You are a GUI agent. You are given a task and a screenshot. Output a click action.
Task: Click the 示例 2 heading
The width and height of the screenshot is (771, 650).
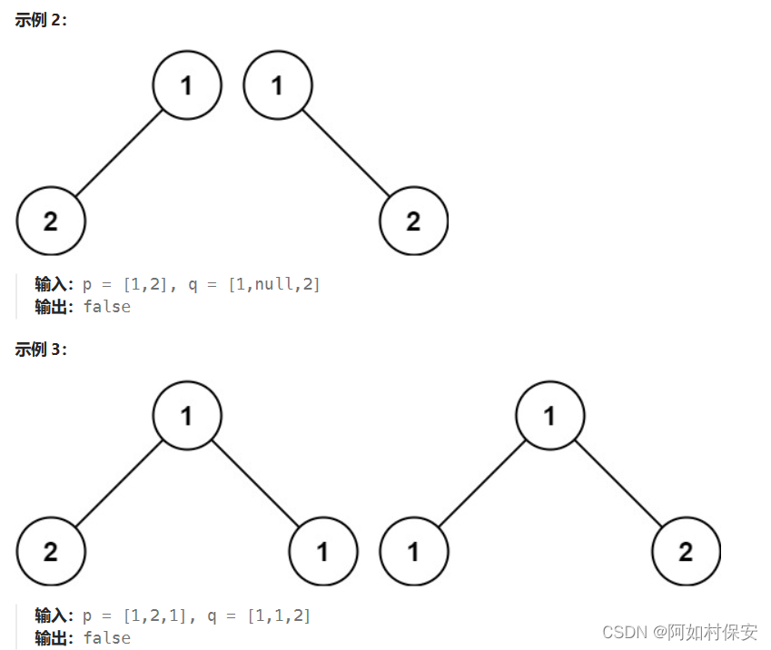point(41,20)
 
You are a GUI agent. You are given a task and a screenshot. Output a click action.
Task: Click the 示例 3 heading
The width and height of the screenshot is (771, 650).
point(41,350)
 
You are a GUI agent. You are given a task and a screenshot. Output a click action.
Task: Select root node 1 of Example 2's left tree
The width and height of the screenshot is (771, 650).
point(187,86)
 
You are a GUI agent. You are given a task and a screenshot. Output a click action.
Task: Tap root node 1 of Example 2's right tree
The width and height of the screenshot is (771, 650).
point(278,86)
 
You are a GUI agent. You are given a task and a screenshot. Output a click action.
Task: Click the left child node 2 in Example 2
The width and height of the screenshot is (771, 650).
point(51,222)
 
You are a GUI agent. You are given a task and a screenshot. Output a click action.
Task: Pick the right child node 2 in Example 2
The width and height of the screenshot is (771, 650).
point(414,222)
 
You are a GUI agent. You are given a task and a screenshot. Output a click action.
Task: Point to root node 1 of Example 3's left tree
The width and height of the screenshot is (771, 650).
point(187,416)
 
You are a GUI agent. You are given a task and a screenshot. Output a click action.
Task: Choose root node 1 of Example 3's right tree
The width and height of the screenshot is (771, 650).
point(550,416)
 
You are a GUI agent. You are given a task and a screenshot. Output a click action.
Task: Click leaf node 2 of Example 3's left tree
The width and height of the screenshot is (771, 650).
point(51,551)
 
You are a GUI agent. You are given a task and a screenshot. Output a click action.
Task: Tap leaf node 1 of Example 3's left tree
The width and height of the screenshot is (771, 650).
point(323,551)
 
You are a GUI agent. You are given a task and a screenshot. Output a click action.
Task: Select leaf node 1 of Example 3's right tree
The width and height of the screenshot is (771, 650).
point(414,551)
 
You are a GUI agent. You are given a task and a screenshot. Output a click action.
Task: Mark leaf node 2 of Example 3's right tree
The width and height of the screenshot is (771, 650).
point(687,551)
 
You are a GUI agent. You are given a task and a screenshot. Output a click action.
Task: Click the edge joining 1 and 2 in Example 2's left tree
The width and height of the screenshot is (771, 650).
point(119,153)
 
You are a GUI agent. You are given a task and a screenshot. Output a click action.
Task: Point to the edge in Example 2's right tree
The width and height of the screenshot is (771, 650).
point(346,153)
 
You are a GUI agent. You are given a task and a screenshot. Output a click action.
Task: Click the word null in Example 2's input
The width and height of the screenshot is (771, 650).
point(273,285)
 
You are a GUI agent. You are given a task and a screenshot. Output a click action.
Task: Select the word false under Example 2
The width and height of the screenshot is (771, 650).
point(106,307)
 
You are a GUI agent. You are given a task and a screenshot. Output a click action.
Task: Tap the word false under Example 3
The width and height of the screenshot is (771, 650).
point(106,638)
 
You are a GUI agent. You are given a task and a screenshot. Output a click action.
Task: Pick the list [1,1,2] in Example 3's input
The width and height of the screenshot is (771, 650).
point(279,616)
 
